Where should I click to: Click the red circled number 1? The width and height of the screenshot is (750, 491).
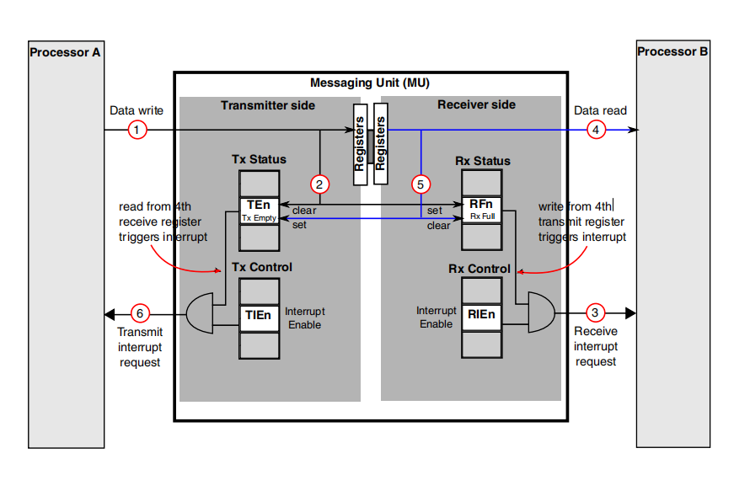[137, 130]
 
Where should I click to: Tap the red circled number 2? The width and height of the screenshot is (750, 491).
[319, 184]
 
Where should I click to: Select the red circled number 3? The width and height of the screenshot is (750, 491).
[595, 312]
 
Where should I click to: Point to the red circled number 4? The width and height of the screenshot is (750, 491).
[596, 130]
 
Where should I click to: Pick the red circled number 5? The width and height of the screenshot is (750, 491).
[421, 184]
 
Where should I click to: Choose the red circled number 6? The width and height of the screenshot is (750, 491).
[140, 313]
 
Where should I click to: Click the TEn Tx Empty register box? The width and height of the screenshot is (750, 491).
[260, 211]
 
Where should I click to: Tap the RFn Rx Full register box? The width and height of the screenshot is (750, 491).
[482, 210]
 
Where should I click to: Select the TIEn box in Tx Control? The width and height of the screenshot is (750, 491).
[260, 318]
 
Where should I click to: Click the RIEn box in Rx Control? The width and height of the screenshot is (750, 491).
[482, 318]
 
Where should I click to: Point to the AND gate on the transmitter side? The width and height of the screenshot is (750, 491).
[200, 313]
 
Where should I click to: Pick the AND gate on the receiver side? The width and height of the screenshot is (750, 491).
[542, 312]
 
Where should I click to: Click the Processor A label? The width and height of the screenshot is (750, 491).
[65, 52]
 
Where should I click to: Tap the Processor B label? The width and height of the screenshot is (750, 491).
[672, 51]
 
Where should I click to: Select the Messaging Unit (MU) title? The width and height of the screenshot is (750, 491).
[370, 83]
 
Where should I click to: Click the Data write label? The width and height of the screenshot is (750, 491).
[137, 110]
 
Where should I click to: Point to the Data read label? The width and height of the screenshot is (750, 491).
[600, 110]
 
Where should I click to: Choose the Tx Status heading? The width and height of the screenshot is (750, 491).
[259, 159]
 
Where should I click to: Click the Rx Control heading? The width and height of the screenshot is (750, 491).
[479, 269]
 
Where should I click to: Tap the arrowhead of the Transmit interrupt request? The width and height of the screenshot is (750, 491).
[110, 314]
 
